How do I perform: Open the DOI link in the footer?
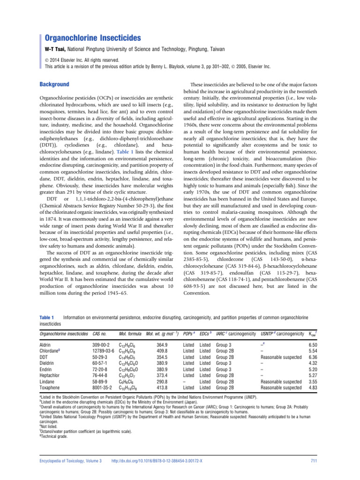pos(163,461)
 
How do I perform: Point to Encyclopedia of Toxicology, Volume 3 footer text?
pos(70,461)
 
